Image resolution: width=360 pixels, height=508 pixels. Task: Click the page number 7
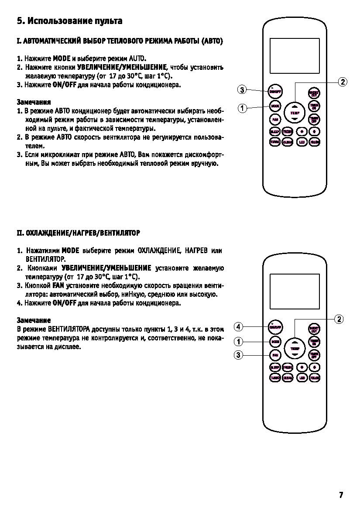pos(341,495)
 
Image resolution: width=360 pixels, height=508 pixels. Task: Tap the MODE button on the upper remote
pos(275,106)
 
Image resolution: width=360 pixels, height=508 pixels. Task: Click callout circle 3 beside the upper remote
pos(241,90)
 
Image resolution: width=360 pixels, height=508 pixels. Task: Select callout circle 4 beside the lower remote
pos(238,326)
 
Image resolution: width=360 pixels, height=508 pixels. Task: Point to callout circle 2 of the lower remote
pos(339,319)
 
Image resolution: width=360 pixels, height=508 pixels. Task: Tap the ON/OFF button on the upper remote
pos(275,92)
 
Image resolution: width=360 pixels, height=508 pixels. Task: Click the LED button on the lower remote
pos(301,378)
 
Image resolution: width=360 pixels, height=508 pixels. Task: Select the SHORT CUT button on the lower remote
pos(314,329)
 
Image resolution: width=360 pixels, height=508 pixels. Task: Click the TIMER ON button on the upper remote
pos(314,106)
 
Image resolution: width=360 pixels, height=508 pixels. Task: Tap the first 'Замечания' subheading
pos(34,102)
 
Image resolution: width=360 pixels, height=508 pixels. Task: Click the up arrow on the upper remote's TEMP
pos(295,106)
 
